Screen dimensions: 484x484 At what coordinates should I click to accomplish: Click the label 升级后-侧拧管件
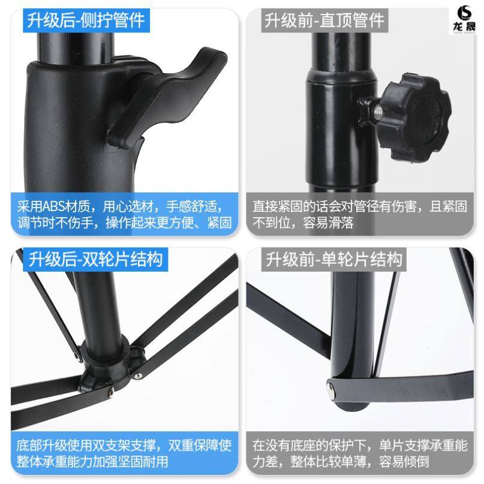pos(85,21)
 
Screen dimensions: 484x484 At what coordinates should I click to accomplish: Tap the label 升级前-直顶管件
pos(324,21)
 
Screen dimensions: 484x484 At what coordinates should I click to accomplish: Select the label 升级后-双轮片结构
pos(94,260)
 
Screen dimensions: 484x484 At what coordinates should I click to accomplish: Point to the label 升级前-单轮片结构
pos(333,260)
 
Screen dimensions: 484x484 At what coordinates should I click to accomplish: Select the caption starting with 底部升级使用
pos(124,453)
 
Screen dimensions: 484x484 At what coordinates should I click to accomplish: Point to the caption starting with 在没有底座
pos(359,453)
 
